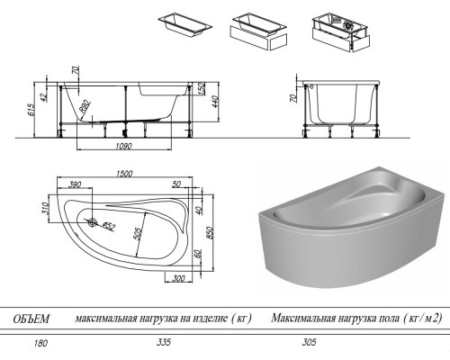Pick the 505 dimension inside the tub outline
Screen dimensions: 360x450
point(137,238)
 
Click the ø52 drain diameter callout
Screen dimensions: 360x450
point(107,226)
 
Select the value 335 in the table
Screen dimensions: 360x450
point(163,343)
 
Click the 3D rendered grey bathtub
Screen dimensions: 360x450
point(346,230)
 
